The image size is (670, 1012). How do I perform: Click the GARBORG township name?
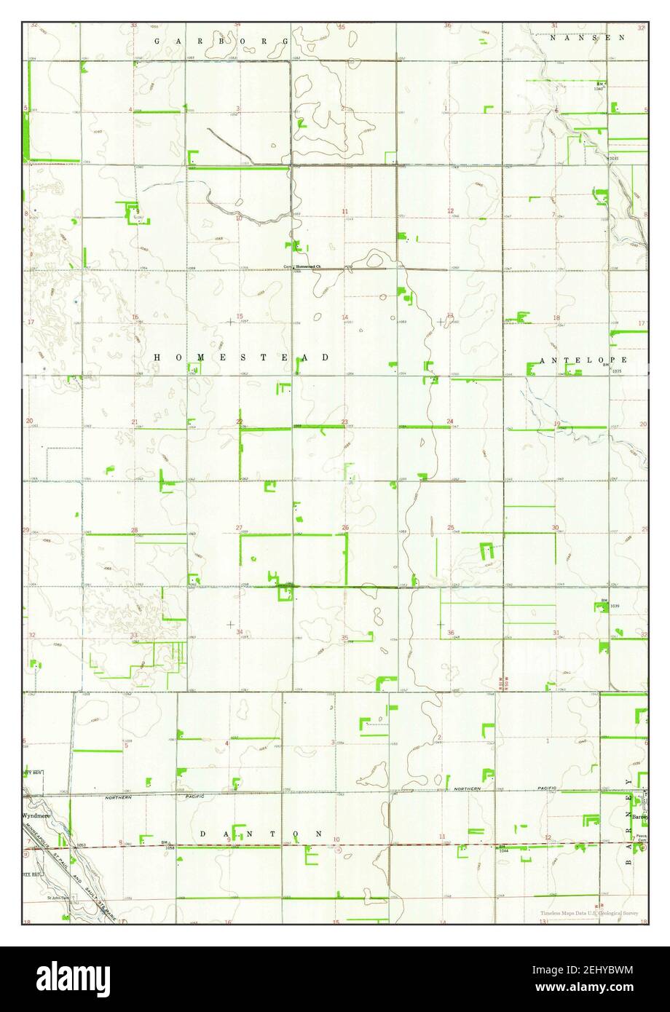click(x=221, y=42)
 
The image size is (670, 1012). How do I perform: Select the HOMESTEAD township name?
click(x=241, y=358)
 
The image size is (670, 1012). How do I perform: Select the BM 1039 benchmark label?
click(x=604, y=604)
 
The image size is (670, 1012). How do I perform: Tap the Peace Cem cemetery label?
click(x=640, y=838)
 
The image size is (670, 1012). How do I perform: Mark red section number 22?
click(x=239, y=422)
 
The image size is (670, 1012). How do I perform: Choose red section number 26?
click(x=345, y=527)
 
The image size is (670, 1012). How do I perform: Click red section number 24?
click(x=450, y=422)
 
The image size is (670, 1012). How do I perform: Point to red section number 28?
click(x=134, y=530)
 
